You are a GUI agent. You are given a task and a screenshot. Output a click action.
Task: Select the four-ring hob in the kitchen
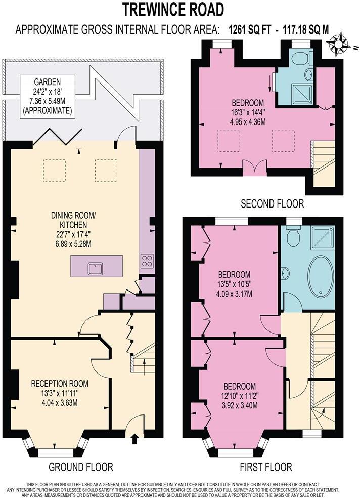coord(147,261)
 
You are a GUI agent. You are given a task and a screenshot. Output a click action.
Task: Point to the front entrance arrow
coord(134,438)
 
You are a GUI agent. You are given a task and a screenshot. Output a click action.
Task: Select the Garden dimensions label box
coord(47,96)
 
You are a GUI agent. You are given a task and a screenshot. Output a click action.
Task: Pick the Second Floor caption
coord(272,204)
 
